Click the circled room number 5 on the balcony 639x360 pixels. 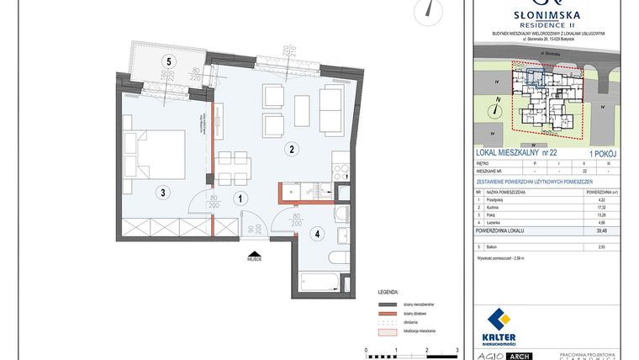pos(169,61)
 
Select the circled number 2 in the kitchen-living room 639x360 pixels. pos(291,150)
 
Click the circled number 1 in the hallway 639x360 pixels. pos(240,199)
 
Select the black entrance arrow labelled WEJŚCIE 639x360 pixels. pos(252,252)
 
